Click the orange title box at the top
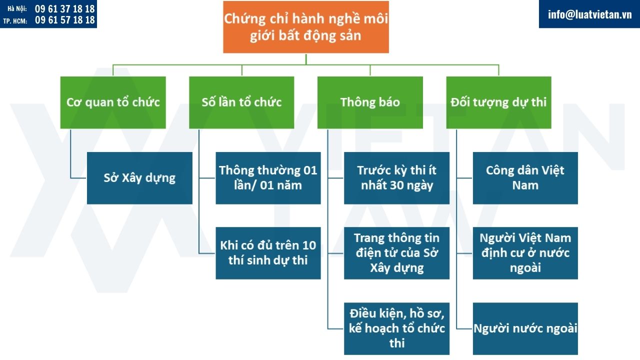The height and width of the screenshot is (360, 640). pos(305,27)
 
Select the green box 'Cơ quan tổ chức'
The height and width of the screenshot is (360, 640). pos(113,102)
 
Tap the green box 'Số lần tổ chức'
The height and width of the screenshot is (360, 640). pos(241,102)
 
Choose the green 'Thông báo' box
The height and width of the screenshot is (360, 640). pos(370,102)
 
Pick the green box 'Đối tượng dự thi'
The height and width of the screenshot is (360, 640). pos(498,102)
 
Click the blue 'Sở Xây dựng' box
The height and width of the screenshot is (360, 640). pos(139,178)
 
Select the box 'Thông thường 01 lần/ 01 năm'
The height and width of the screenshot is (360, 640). pos(268,178)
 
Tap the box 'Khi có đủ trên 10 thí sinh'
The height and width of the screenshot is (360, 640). pos(268,253)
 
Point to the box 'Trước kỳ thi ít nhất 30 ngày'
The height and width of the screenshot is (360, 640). pos(396,178)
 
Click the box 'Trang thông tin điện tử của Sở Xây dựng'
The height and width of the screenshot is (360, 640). pos(396,253)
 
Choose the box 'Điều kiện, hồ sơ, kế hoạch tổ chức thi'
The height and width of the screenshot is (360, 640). pos(396,328)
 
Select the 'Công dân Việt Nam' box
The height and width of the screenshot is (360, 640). pos(525,178)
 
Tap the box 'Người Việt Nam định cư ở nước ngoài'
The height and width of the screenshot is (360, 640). pos(525,253)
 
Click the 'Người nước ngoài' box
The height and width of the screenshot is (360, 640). pos(525,328)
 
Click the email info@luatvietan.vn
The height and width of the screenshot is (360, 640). pos(589,14)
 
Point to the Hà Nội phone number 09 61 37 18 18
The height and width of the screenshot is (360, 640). pos(64,9)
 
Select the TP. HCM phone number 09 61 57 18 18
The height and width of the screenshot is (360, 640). pos(64,20)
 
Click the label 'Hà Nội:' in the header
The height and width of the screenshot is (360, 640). pos(17,9)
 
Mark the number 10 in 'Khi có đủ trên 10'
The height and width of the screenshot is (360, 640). pos(309,245)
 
